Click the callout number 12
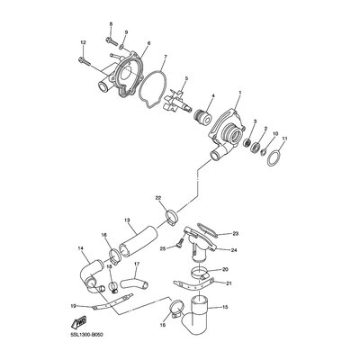83,43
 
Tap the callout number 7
166,57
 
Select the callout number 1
239,92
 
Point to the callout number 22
158,198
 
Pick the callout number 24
234,250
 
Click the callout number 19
73,306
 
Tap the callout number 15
226,307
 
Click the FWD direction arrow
79,321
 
